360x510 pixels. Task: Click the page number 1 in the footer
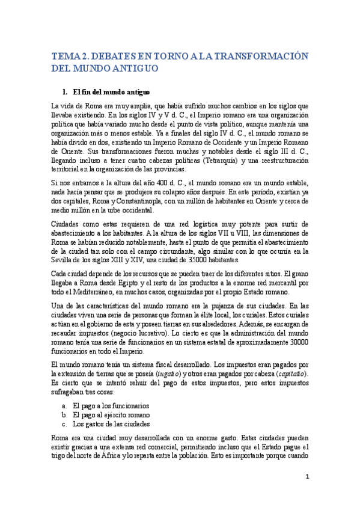pos(307,477)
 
